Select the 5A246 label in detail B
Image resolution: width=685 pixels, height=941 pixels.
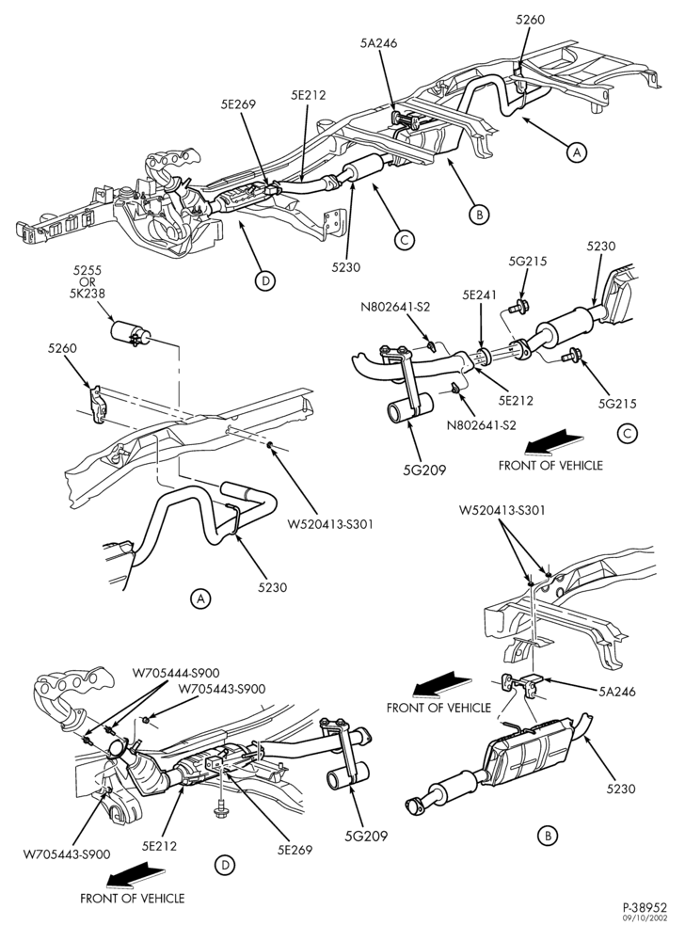pos(617,692)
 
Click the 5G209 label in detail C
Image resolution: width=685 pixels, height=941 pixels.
pos(424,470)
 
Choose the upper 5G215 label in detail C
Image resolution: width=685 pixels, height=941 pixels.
pos(528,261)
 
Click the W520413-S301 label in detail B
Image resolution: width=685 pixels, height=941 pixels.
pos(502,511)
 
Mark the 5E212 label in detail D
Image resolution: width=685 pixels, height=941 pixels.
pos(160,846)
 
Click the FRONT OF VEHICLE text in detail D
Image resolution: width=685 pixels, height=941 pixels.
pos(133,899)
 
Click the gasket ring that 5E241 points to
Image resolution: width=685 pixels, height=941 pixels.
pos(484,355)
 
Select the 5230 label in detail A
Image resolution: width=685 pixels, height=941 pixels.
pos(272,587)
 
